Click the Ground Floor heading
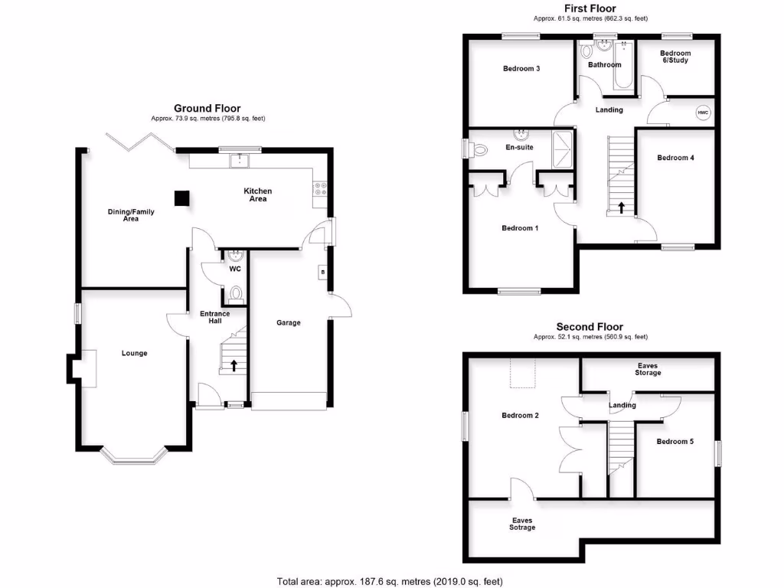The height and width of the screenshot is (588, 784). [207, 109]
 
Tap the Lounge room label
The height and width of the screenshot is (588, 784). [134, 353]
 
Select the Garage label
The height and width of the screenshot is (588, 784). [289, 322]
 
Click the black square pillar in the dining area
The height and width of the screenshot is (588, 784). [181, 198]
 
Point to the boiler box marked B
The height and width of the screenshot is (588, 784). [322, 272]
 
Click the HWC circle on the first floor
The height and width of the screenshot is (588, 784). [702, 113]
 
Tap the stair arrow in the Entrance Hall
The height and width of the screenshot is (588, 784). [234, 365]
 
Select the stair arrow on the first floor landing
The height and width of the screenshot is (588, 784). [621, 207]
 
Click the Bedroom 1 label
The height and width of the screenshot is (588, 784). [520, 228]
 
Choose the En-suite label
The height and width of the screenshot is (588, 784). [519, 147]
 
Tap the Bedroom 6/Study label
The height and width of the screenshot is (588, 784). [675, 57]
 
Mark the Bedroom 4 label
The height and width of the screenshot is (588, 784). [675, 158]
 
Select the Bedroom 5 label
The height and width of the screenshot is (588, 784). [675, 441]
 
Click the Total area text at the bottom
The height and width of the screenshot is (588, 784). [390, 580]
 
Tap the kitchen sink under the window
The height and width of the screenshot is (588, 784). [240, 161]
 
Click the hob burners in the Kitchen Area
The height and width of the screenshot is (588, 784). [319, 189]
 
